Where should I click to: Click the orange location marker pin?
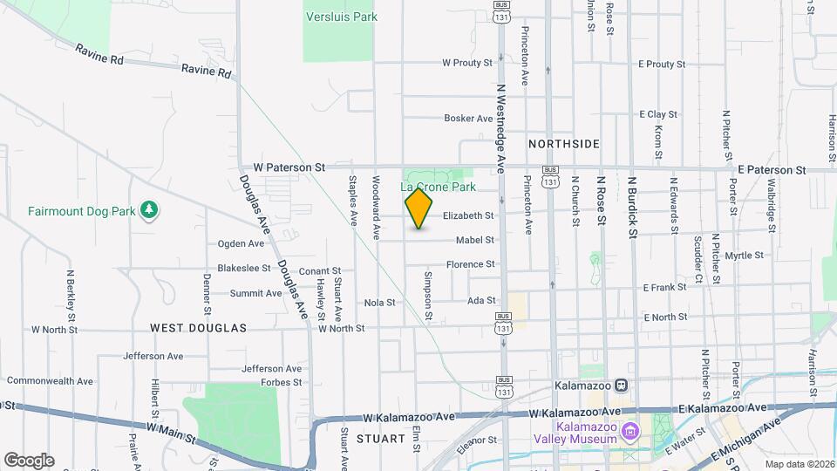coord(419,208)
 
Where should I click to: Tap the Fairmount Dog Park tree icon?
coord(150,210)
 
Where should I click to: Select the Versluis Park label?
coord(341,17)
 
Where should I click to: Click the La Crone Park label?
coord(438,187)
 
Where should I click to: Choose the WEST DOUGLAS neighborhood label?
coord(199,328)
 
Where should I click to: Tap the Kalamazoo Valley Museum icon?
coord(632,432)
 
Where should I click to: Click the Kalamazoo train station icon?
coord(621,385)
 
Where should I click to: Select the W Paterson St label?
coord(289,166)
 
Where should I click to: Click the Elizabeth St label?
coord(468,215)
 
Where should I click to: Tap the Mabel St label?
coord(475,240)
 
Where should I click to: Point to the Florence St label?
coord(471,264)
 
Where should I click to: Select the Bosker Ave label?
coord(468,119)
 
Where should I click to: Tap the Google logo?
coord(29,460)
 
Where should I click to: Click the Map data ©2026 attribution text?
coord(799,464)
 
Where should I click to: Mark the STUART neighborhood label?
coord(378,439)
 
